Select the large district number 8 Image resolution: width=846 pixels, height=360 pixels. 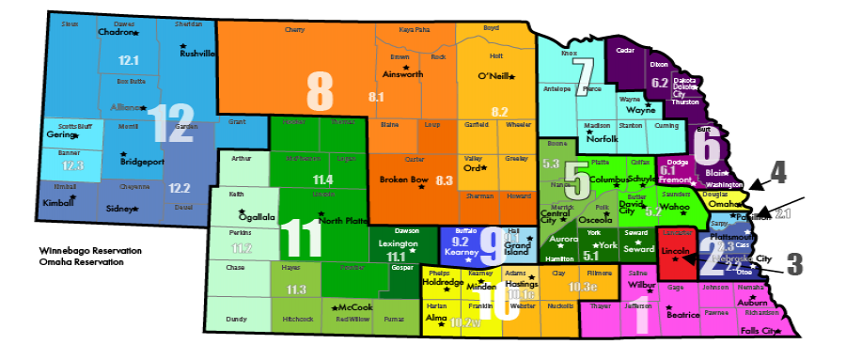[320, 91]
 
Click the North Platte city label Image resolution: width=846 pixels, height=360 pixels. [343, 221]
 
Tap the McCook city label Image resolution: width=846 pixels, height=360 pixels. [356, 307]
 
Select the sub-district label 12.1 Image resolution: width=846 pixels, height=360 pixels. [129, 60]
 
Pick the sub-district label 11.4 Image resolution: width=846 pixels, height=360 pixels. [322, 179]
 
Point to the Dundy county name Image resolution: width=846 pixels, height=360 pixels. [237, 320]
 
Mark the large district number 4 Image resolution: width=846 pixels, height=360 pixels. [778, 171]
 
